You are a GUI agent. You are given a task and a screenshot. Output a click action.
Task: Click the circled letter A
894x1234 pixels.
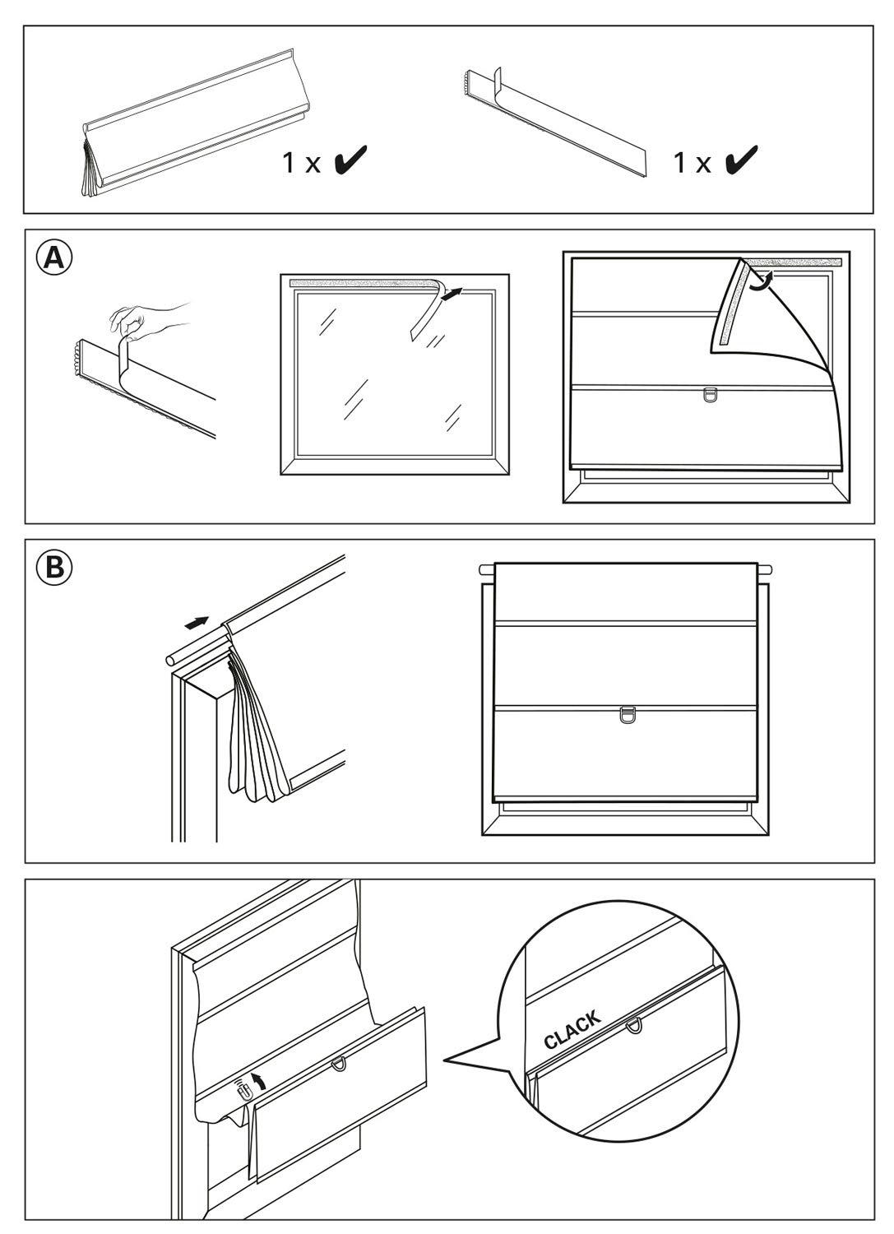[x=53, y=258]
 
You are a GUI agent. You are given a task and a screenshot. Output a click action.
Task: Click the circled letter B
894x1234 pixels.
[x=53, y=567]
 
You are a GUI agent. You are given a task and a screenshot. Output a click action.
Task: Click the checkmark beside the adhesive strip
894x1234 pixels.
[x=741, y=160]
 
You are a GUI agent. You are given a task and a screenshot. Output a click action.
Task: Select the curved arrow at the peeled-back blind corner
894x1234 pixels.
[x=762, y=281]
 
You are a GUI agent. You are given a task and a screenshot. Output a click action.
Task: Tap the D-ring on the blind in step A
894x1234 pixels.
[x=711, y=395]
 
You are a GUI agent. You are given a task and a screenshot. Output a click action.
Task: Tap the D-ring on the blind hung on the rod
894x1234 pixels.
[x=626, y=715]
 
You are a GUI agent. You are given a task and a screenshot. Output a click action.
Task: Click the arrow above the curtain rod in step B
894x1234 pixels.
[x=197, y=622]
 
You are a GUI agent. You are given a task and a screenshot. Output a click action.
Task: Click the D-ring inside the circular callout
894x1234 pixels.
[x=633, y=1026]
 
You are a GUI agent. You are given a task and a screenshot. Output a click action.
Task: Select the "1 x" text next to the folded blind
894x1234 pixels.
[x=301, y=163]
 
